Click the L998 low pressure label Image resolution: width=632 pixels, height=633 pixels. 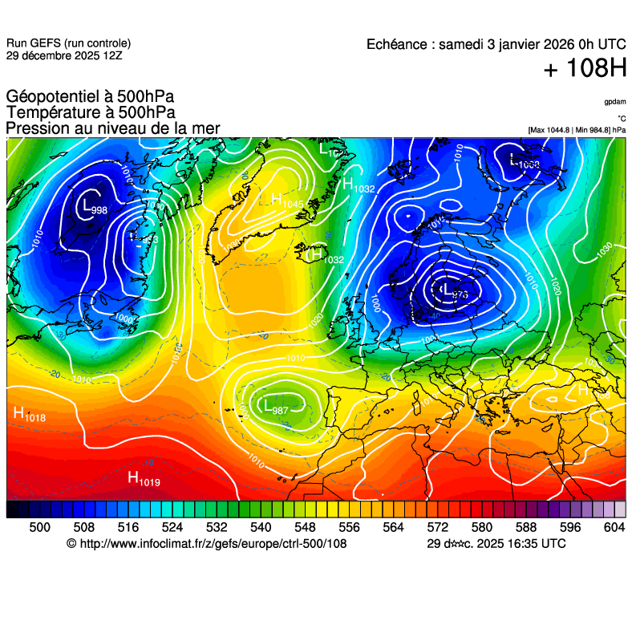pyautogui.click(x=94, y=207)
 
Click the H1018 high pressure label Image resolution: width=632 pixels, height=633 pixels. pyautogui.click(x=30, y=415)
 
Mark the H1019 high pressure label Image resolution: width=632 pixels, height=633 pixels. pyautogui.click(x=145, y=479)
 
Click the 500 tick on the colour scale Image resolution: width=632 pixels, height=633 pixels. pyautogui.click(x=39, y=527)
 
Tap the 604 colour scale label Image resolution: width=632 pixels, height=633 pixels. pyautogui.click(x=614, y=527)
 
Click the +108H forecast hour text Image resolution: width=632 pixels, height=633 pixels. pyautogui.click(x=585, y=69)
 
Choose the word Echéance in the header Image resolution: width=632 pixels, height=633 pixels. pyautogui.click(x=396, y=44)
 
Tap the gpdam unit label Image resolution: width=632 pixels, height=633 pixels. pyautogui.click(x=615, y=102)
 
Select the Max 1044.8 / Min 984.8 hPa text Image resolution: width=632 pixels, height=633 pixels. pyautogui.click(x=577, y=129)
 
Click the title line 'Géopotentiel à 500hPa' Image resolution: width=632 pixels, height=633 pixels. pyautogui.click(x=90, y=96)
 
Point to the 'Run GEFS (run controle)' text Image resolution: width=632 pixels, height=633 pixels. pyautogui.click(x=68, y=43)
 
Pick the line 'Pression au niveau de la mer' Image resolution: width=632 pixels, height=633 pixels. pyautogui.click(x=112, y=128)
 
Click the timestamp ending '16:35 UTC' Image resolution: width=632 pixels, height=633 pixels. pyautogui.click(x=496, y=544)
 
